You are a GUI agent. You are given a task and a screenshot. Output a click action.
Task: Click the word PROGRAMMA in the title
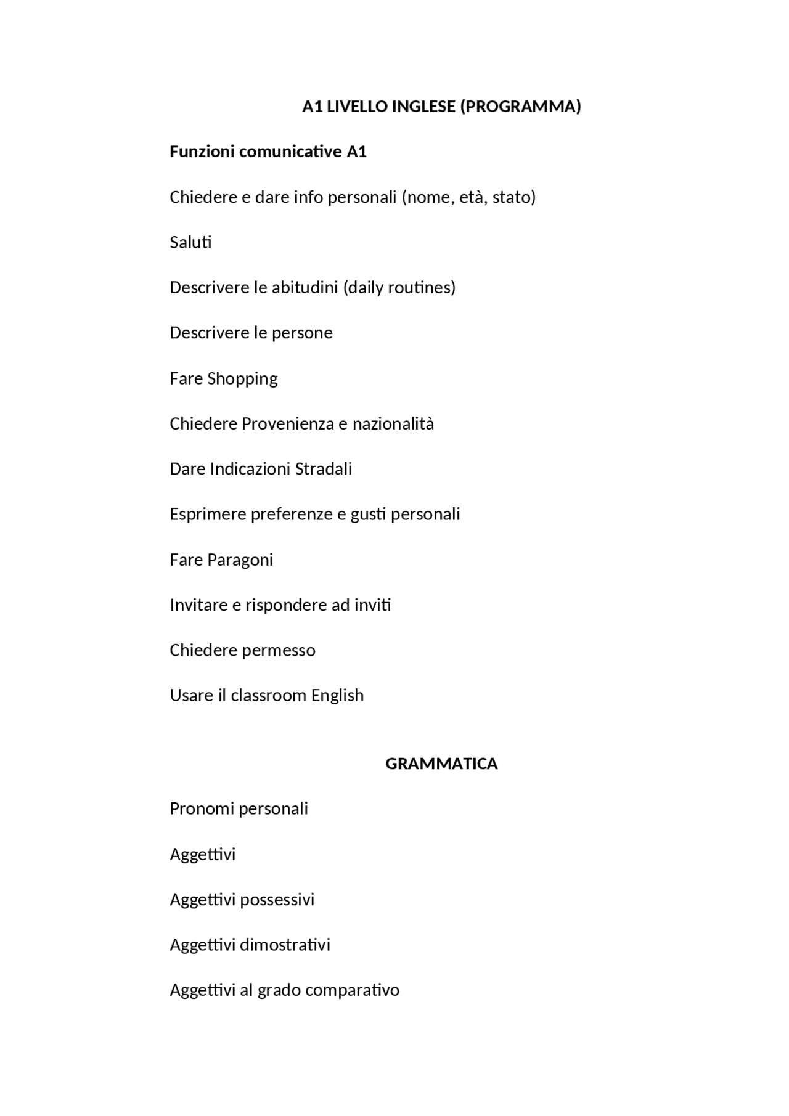pyautogui.click(x=521, y=107)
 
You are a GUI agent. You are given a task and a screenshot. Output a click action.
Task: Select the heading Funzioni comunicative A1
pyautogui.click(x=268, y=152)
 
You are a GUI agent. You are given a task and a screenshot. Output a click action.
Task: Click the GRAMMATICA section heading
pyautogui.click(x=441, y=764)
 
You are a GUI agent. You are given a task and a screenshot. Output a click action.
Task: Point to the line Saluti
pyautogui.click(x=190, y=242)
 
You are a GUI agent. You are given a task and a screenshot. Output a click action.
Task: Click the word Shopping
pyautogui.click(x=242, y=378)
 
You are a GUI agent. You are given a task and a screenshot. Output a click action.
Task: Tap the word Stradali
pyautogui.click(x=323, y=469)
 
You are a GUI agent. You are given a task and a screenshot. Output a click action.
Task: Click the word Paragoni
pyautogui.click(x=240, y=560)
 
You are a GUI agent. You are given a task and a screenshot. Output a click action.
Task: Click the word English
pyautogui.click(x=337, y=696)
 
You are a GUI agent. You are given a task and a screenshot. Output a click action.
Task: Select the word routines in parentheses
pyautogui.click(x=421, y=288)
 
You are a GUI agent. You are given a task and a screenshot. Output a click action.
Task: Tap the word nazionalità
pyautogui.click(x=393, y=424)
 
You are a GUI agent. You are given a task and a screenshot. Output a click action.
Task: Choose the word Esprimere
pyautogui.click(x=208, y=514)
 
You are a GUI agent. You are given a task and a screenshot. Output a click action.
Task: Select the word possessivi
pyautogui.click(x=277, y=900)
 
